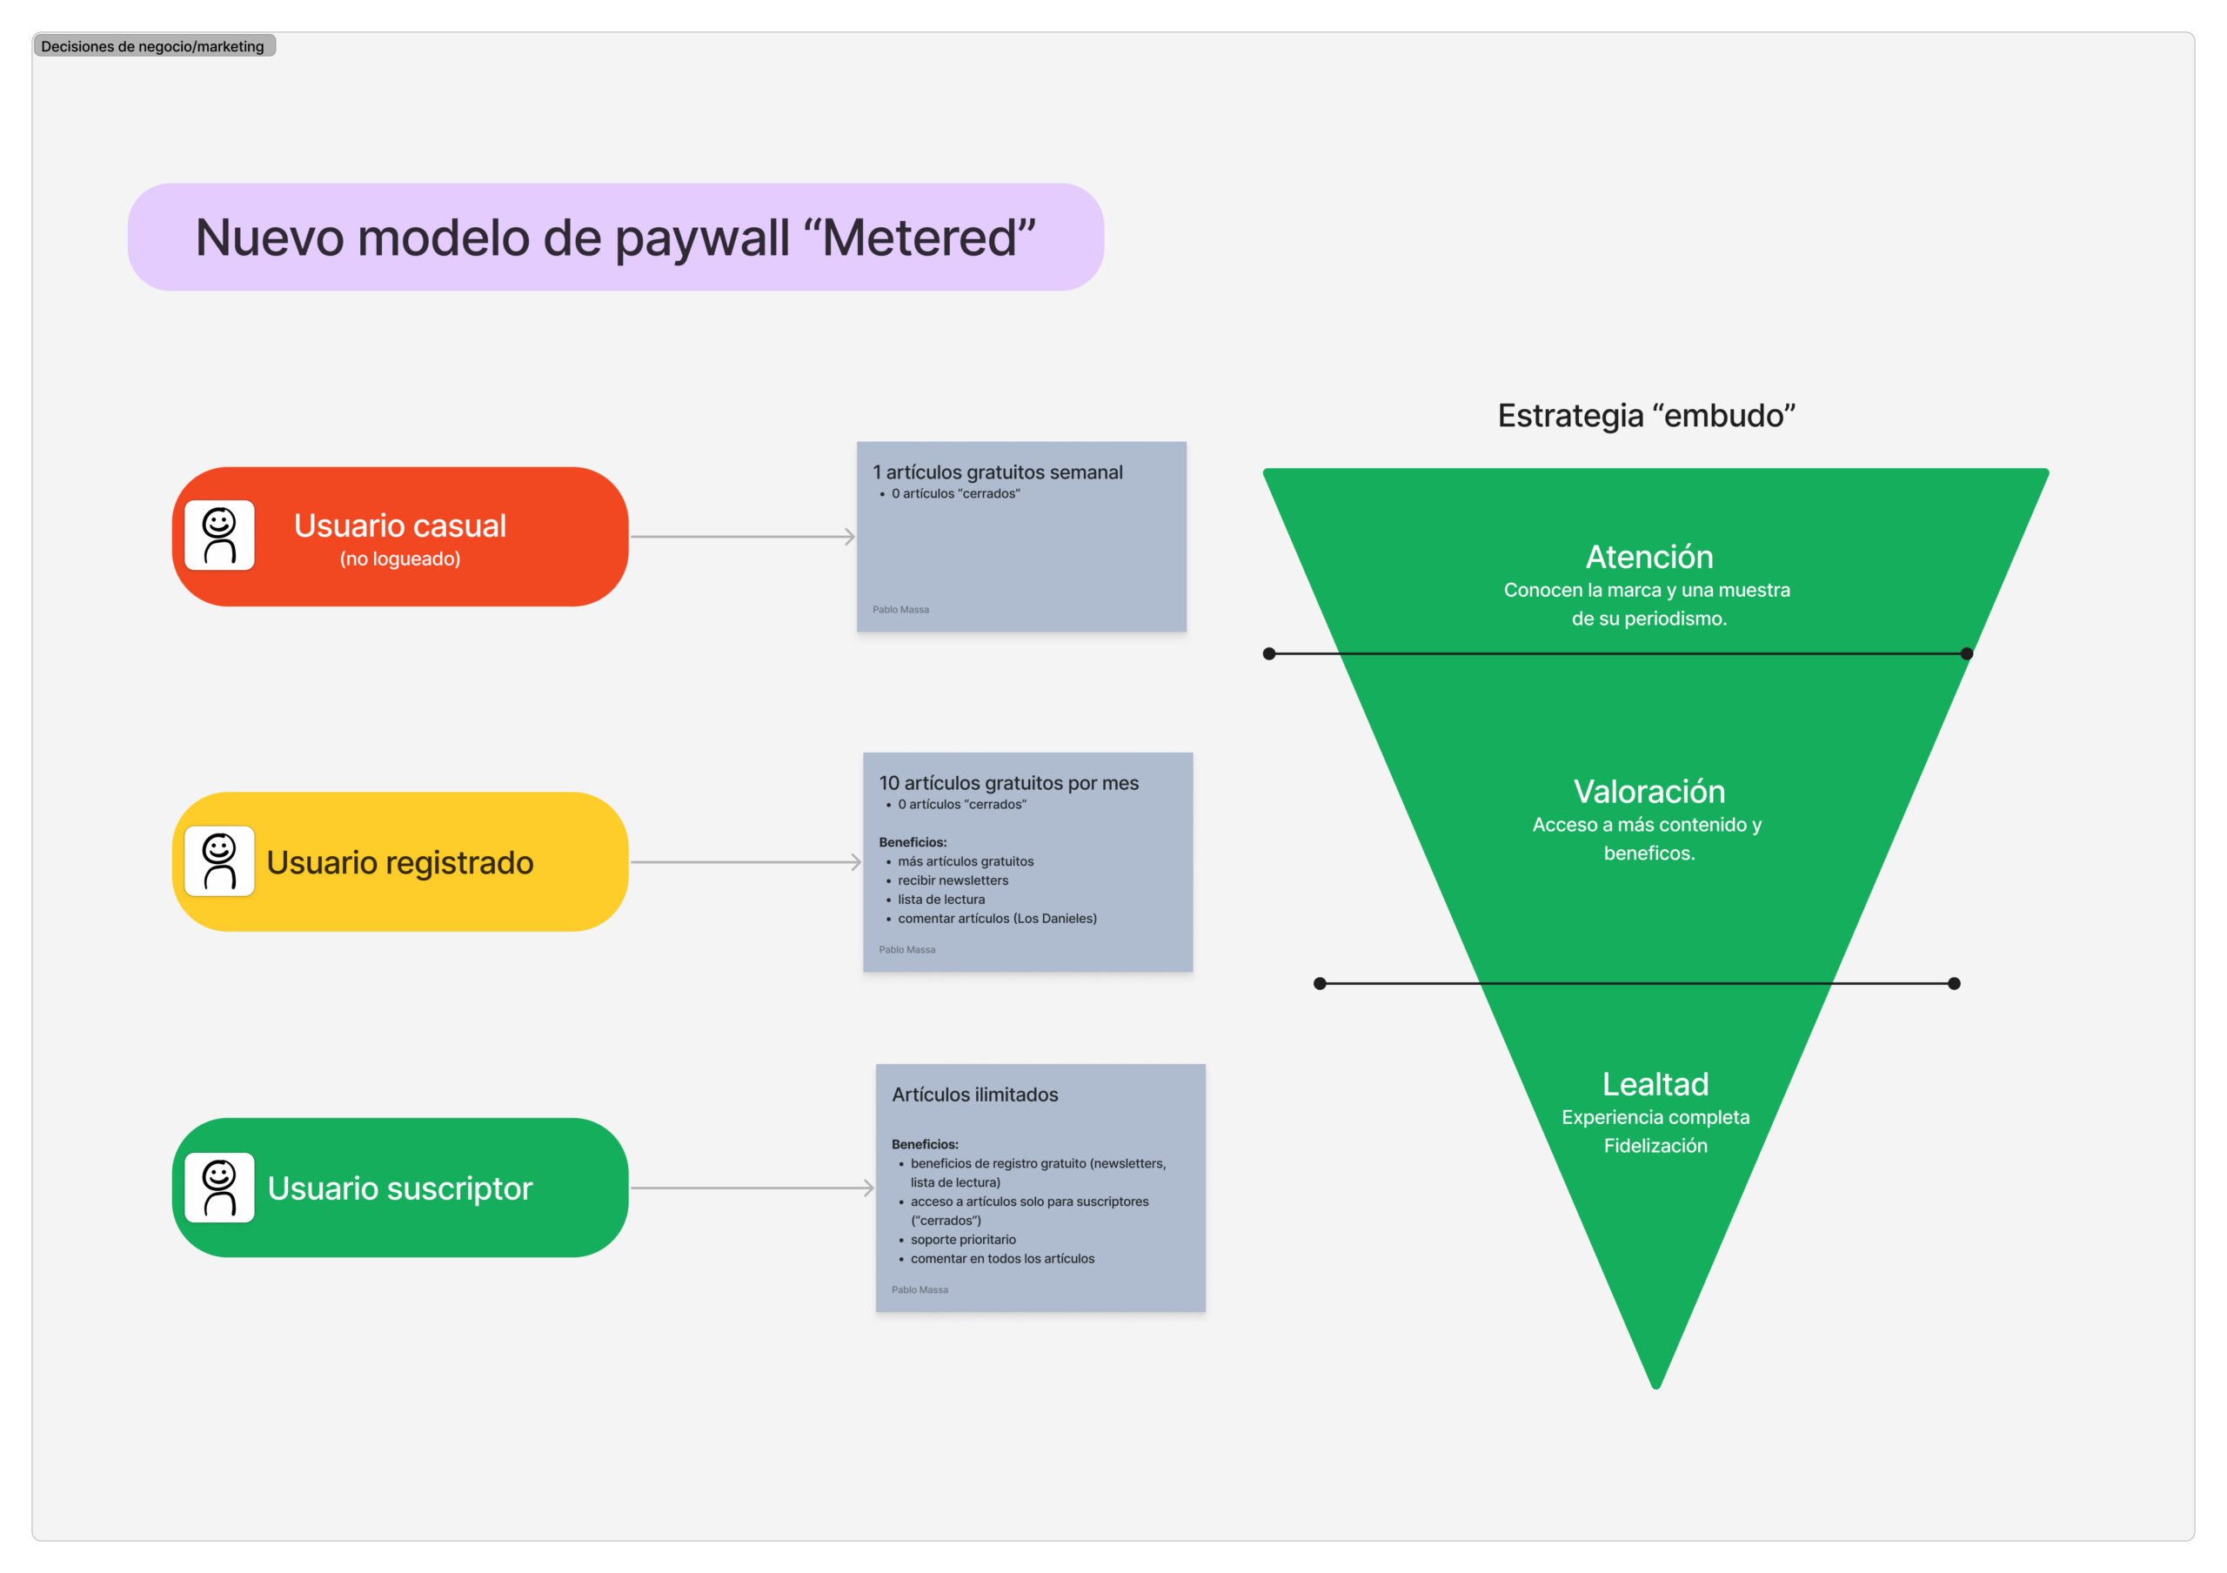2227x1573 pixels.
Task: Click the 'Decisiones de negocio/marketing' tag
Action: (153, 45)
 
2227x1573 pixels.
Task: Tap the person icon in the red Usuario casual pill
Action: (219, 535)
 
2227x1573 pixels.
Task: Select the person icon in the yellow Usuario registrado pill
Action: (219, 861)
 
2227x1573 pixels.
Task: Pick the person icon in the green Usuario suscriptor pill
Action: (219, 1187)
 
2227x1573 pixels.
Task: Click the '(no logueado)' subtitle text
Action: (399, 559)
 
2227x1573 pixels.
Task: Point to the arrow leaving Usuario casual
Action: (742, 536)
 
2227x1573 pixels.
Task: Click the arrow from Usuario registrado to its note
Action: (745, 862)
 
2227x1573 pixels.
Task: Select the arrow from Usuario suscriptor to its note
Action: (752, 1188)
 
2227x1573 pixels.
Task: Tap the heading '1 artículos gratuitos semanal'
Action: (997, 472)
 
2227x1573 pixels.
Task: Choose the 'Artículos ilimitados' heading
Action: (975, 1094)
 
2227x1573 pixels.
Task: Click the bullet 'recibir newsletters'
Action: (953, 880)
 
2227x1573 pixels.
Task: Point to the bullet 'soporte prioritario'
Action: (963, 1240)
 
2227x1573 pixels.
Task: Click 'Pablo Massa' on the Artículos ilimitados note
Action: (920, 1290)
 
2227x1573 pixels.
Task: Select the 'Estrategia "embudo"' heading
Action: (1646, 415)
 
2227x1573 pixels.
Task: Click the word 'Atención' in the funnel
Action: (1649, 557)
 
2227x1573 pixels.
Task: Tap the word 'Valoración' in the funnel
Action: (1649, 792)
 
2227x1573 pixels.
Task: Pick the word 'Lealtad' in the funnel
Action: (1655, 1083)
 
